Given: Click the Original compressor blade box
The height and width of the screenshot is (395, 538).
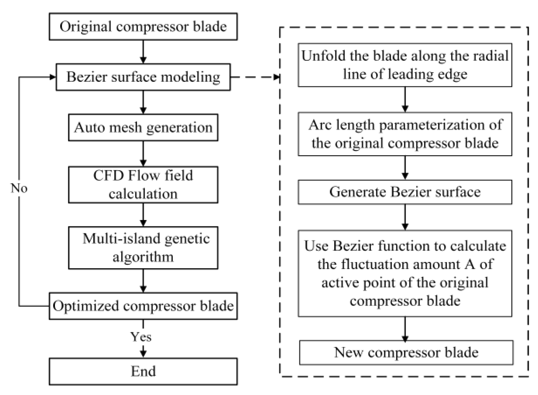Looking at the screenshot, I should pos(143,26).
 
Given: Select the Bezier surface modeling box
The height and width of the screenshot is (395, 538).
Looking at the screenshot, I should pos(143,77).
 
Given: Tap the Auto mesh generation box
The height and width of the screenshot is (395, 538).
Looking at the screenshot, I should pos(143,127).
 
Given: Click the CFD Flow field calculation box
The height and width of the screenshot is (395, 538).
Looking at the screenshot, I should pos(143,185).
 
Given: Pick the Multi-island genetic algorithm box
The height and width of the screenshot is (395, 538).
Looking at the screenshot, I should pos(143,248).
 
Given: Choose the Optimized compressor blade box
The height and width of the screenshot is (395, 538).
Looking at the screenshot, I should pos(143,306).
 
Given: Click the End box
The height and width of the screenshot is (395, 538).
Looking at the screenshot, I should pos(143,371).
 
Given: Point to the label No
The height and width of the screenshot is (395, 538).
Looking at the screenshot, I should pos(19,188).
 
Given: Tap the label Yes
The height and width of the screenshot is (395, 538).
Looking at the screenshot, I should pos(141,337).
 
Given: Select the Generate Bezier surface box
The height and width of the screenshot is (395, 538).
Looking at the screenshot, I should pos(405,192).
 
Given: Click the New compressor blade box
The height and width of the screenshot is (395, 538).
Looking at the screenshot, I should pos(406,353).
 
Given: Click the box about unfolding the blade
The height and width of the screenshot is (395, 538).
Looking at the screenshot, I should pos(405,65).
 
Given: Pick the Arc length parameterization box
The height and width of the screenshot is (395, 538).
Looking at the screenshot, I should pos(405,134).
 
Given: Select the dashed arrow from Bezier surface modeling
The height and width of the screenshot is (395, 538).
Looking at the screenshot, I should pos(255,77).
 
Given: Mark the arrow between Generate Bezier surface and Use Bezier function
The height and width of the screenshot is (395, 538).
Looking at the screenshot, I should pos(405,217).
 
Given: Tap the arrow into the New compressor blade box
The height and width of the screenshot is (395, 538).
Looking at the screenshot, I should pos(405,329).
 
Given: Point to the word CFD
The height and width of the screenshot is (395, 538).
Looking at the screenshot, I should pos(108,176).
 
